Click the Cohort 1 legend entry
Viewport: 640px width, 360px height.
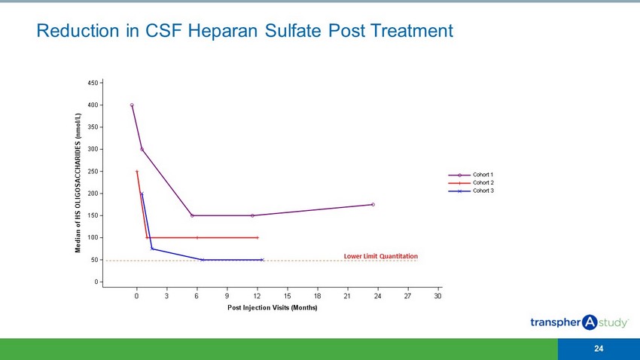click(482, 175)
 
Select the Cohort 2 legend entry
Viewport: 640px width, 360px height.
click(482, 183)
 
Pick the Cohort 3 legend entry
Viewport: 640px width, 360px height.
click(482, 191)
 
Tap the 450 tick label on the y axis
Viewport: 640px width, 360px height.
click(92, 83)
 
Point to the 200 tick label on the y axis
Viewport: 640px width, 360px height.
click(92, 194)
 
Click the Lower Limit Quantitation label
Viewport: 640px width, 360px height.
click(380, 256)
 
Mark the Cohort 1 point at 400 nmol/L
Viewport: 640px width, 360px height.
click(132, 105)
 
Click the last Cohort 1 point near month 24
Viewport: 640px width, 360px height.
click(373, 205)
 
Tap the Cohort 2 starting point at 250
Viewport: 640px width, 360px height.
click(137, 172)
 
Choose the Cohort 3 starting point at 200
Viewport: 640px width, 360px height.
click(142, 194)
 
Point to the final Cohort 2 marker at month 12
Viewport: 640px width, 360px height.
click(258, 238)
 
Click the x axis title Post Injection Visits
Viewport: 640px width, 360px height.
click(272, 308)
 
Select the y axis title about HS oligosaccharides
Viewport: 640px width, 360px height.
click(78, 183)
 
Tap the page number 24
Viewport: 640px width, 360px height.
click(599, 349)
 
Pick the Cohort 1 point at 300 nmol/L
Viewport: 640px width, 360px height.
click(142, 149)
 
